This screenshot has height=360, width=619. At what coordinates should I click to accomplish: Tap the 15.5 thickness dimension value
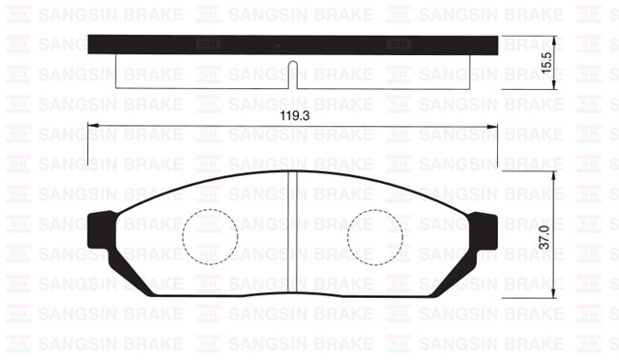(x=546, y=63)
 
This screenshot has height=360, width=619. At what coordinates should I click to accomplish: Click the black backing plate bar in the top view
(x=293, y=45)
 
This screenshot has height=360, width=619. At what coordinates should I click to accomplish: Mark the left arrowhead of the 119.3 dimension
(x=92, y=127)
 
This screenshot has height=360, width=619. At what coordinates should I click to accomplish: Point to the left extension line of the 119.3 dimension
(x=88, y=145)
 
